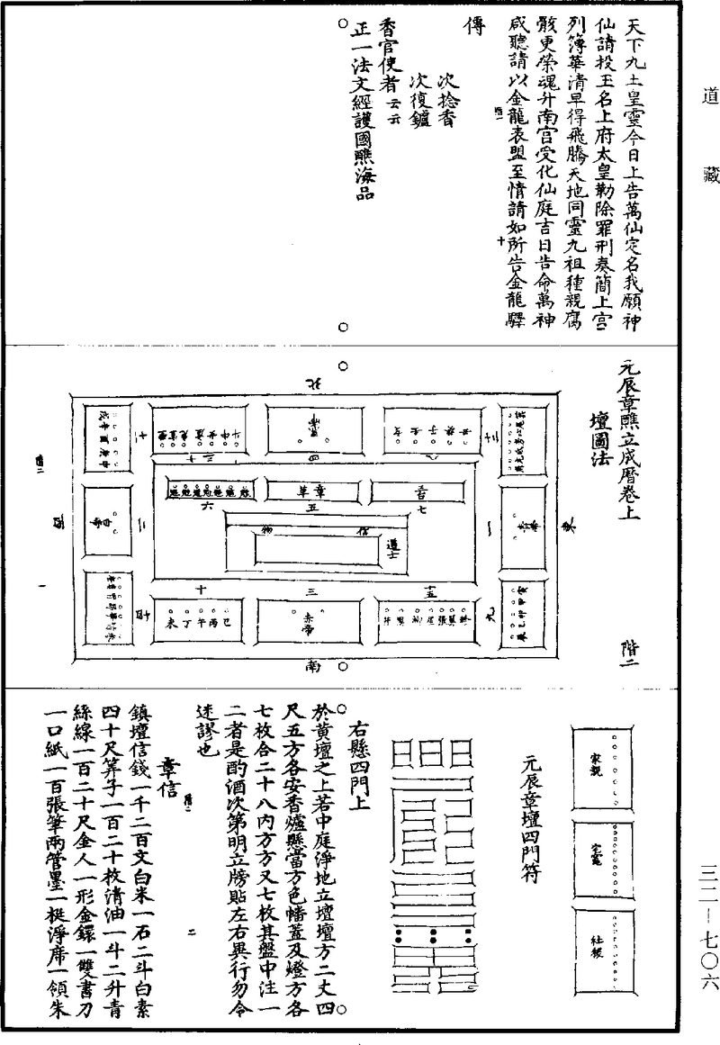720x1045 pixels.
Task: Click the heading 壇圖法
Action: point(596,441)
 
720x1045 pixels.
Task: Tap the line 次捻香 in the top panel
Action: point(443,99)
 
